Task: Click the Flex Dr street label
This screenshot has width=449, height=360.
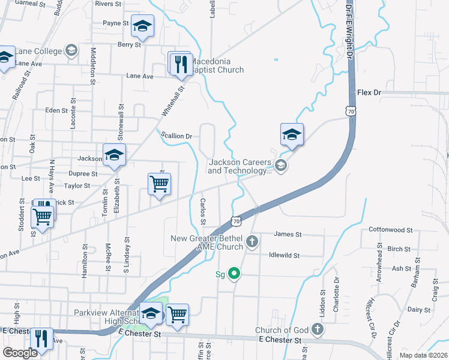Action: tap(369, 93)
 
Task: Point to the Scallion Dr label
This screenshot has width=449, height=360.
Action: tap(176, 136)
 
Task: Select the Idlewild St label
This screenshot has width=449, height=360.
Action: tap(284, 255)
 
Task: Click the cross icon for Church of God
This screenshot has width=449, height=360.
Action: tap(317, 329)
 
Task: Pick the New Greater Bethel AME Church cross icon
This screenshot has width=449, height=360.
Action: tap(253, 242)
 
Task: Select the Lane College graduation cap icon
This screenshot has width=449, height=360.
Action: tap(72, 50)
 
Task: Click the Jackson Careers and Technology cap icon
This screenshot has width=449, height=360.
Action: tap(280, 166)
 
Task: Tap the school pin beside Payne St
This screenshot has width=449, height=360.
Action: tap(143, 27)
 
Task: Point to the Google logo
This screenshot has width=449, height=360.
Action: tap(20, 353)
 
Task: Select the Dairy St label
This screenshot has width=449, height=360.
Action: tap(415, 310)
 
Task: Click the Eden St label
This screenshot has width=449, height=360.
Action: tap(56, 110)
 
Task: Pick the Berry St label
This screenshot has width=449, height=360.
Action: tap(129, 44)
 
